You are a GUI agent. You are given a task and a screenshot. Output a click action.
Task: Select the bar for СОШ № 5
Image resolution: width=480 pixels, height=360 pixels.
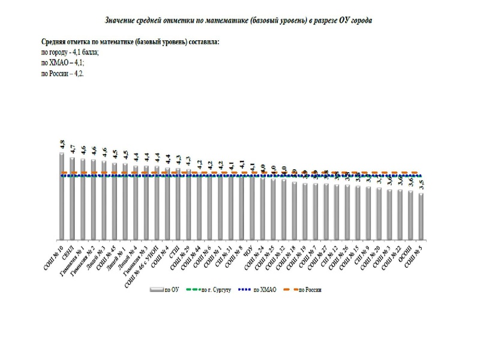click(421, 215)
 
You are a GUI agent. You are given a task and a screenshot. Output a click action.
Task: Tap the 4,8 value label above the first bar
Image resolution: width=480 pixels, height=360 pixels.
click(62, 145)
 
